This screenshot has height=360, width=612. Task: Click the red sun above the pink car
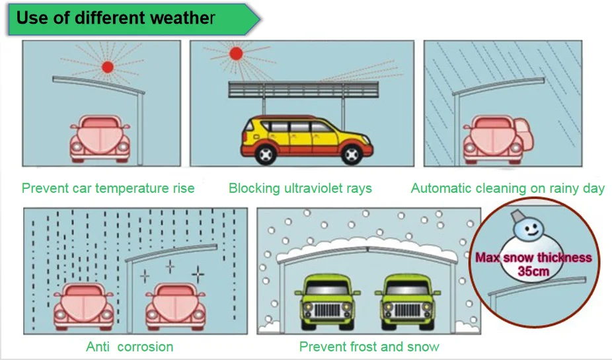point(108,67)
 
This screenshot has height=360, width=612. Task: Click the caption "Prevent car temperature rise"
point(108,188)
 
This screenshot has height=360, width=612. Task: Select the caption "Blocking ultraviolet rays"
point(300,188)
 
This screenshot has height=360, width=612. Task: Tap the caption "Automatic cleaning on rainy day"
point(508,188)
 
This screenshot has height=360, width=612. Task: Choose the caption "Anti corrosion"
point(130,347)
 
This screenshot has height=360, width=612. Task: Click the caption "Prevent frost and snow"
point(369,347)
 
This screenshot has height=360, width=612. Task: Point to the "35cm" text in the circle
point(533,271)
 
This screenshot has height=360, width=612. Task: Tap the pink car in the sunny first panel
point(100,139)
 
